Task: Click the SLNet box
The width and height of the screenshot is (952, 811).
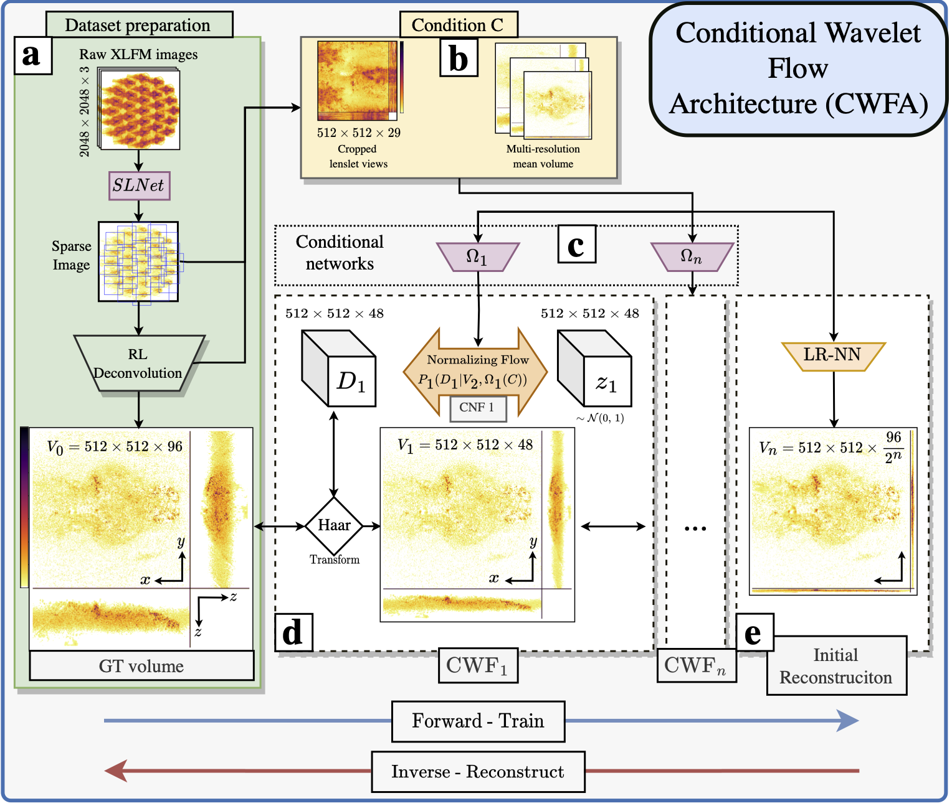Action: (x=139, y=185)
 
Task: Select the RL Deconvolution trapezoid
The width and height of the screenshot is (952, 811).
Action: (x=138, y=364)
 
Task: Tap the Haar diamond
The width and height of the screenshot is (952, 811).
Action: (x=334, y=526)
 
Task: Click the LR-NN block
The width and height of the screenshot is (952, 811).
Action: (x=833, y=356)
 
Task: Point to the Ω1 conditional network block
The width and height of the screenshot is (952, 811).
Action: (x=478, y=257)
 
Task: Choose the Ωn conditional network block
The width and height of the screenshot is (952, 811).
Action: (x=692, y=257)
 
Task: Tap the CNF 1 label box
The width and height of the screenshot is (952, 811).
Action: (x=477, y=408)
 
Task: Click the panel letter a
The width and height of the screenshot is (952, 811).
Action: (x=32, y=55)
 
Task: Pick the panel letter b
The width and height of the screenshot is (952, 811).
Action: (x=459, y=59)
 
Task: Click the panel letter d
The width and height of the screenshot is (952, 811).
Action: (x=293, y=632)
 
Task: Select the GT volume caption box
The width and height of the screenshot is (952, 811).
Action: (x=141, y=666)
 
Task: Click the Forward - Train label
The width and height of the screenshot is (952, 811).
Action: (x=478, y=721)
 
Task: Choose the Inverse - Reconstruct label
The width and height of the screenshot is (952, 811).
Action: (x=478, y=772)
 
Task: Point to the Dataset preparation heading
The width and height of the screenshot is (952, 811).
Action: (x=138, y=26)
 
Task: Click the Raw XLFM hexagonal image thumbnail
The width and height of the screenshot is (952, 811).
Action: (x=140, y=110)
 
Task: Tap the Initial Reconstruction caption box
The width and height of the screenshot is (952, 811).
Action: (x=836, y=666)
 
